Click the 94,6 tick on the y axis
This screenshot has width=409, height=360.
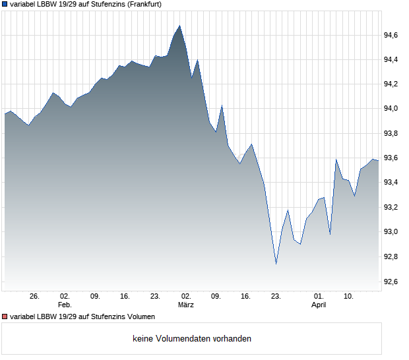(x=393, y=35)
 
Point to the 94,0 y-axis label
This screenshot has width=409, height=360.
(x=393, y=108)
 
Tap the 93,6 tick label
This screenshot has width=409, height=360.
(x=393, y=158)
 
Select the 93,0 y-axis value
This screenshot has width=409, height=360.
(x=393, y=232)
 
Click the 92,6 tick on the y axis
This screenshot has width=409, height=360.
(x=393, y=282)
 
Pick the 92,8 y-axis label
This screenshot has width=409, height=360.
(x=393, y=256)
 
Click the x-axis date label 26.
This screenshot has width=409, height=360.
(x=35, y=296)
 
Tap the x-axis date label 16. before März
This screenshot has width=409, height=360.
(x=125, y=296)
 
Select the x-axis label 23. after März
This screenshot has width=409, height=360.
(x=276, y=296)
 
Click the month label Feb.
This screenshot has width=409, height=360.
(x=65, y=305)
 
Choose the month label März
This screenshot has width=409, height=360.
(x=185, y=305)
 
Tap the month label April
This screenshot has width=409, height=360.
(x=319, y=305)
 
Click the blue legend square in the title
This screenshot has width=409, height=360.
(x=5, y=4)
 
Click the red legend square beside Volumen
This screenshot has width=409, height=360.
(x=5, y=317)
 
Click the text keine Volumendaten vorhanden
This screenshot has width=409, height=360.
(x=192, y=339)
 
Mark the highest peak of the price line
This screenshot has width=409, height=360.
(x=179, y=26)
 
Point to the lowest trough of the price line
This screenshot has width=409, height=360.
(x=276, y=264)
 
